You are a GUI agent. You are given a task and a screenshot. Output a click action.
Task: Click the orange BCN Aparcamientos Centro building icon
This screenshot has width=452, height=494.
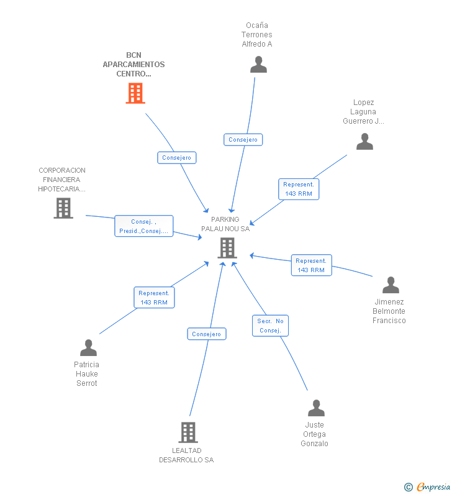135,93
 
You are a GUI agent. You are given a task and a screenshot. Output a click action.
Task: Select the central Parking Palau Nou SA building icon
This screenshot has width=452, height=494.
227,248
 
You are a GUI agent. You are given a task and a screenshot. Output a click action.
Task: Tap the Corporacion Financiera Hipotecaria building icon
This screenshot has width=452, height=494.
63,208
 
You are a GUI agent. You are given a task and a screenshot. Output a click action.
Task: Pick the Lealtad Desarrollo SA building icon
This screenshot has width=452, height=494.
188,432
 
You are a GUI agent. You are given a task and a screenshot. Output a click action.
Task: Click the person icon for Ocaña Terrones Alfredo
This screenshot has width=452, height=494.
258,65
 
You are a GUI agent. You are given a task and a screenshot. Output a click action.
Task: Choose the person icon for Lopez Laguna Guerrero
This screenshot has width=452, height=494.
364,142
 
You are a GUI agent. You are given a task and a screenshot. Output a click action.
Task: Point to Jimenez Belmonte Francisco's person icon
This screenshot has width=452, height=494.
391,285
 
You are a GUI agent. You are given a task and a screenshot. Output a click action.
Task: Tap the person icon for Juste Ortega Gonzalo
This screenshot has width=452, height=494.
316,408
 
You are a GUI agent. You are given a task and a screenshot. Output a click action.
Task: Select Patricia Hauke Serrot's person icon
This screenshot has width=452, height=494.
88,348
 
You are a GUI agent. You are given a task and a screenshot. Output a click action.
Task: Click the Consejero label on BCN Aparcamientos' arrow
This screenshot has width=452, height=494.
177,158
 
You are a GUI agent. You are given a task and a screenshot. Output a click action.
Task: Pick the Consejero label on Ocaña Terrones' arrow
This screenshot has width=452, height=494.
243,140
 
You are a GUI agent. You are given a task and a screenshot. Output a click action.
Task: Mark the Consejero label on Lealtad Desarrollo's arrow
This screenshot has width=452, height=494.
207,334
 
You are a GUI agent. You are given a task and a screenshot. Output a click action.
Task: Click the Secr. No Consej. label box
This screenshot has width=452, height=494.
270,326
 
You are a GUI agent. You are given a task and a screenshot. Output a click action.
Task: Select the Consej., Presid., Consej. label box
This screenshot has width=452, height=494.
143,226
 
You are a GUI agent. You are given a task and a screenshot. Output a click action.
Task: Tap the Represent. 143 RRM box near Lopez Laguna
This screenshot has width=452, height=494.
299,189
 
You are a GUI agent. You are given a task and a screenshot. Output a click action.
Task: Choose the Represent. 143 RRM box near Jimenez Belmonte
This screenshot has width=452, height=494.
311,265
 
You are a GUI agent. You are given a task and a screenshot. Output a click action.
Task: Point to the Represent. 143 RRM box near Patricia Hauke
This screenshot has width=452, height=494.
154,298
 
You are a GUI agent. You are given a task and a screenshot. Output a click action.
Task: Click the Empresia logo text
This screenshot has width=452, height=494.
433,487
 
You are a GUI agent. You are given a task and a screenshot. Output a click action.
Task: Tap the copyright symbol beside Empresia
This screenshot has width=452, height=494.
408,487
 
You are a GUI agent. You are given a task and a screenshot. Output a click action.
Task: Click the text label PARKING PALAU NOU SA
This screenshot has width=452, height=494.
225,224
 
